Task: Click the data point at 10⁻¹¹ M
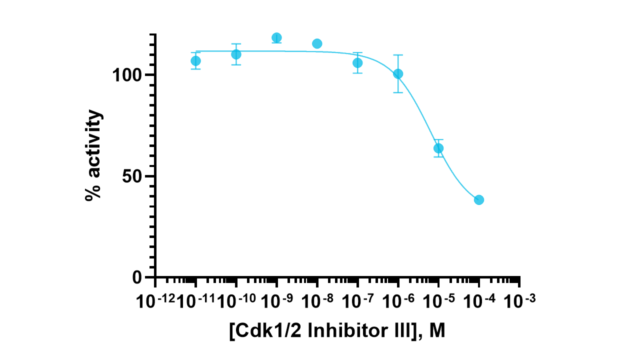click(196, 61)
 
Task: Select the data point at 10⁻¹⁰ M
click(236, 54)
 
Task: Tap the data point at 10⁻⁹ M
click(276, 37)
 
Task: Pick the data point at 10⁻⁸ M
click(317, 43)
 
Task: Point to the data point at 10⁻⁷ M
click(357, 62)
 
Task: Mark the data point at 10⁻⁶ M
click(398, 73)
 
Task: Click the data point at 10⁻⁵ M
click(438, 148)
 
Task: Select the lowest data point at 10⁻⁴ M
click(479, 199)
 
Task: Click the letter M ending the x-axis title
click(436, 330)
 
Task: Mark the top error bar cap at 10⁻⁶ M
click(398, 55)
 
